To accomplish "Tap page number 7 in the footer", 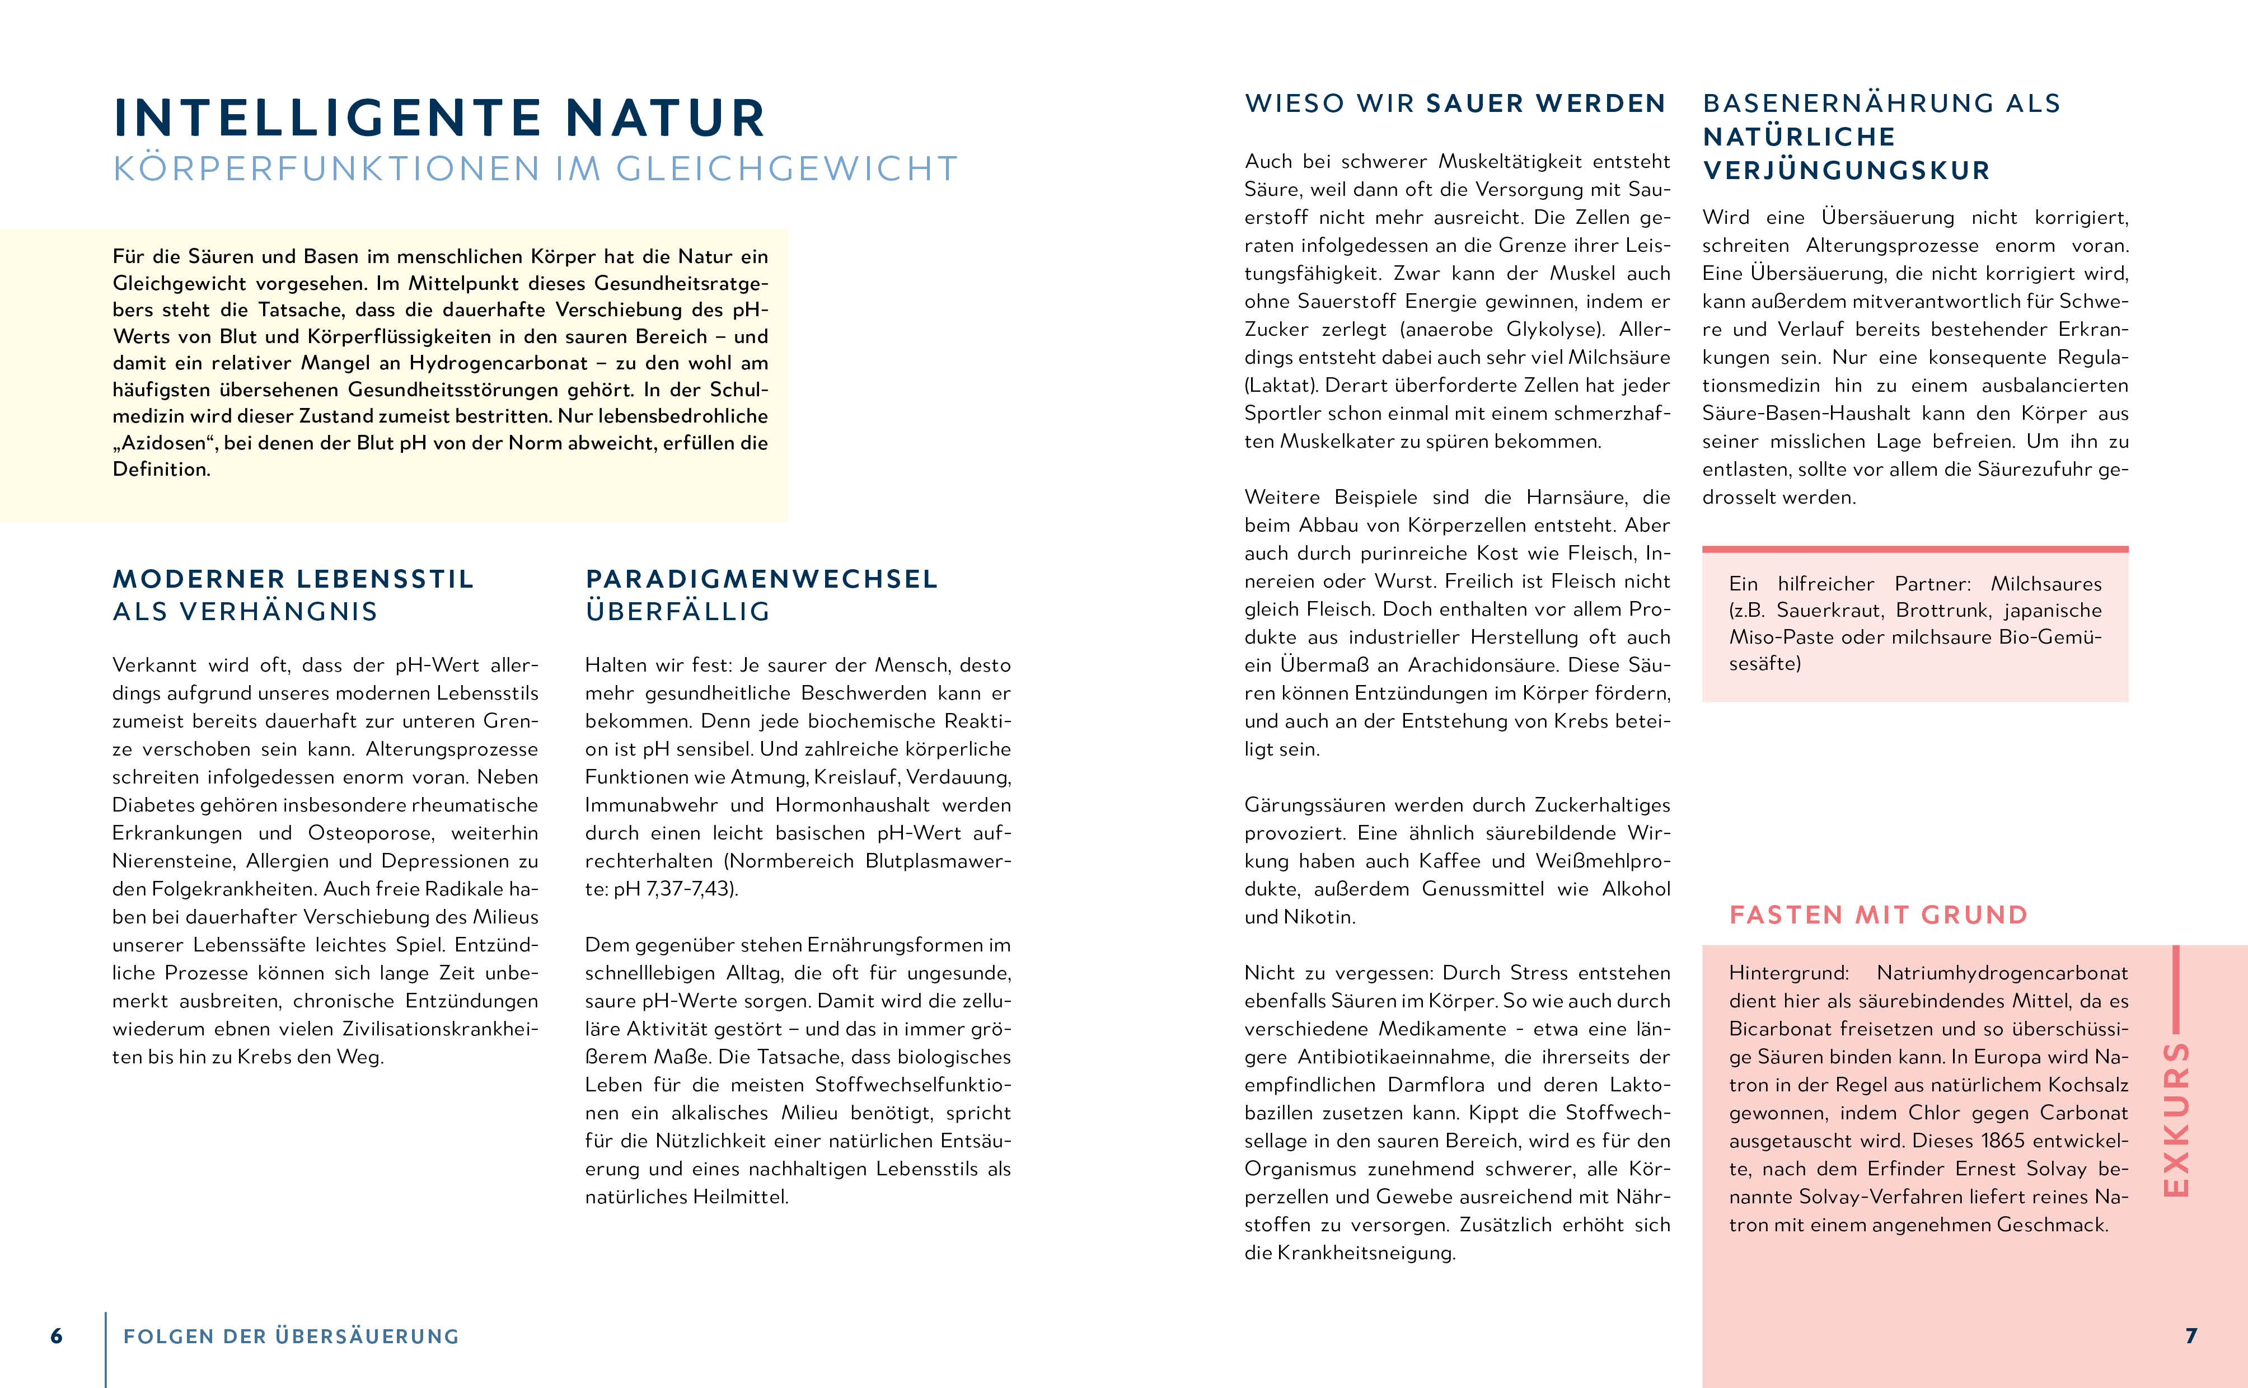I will click(x=2191, y=1336).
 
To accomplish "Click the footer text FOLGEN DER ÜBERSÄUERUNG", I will click(x=291, y=1337).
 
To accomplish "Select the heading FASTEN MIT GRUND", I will click(x=1878, y=915).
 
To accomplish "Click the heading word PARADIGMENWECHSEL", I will click(x=762, y=579).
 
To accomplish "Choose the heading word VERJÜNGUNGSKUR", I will click(x=1846, y=171).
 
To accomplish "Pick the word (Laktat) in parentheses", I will click(x=1281, y=386).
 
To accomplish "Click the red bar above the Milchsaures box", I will click(x=1915, y=550).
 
